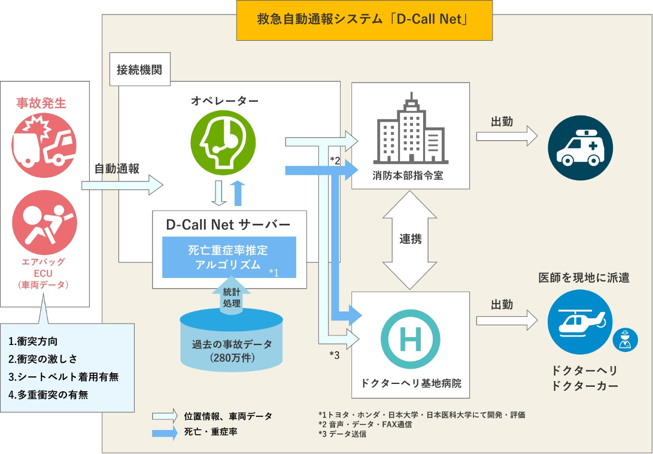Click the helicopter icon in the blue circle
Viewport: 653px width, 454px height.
[x=579, y=322]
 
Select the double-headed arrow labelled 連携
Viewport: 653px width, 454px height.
[x=410, y=239]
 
